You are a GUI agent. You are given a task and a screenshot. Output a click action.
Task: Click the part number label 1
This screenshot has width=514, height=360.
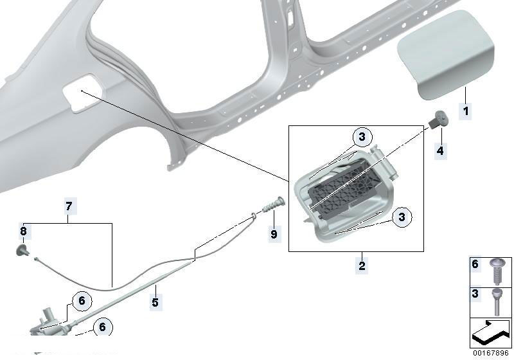[465, 111]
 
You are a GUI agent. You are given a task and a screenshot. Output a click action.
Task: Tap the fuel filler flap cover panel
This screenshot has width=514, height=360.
[446, 54]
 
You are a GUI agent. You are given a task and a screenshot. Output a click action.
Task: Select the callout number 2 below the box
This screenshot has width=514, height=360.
[362, 265]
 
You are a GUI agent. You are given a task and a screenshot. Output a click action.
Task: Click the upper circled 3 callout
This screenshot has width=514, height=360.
[362, 136]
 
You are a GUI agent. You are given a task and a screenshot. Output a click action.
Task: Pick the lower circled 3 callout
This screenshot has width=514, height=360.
[402, 217]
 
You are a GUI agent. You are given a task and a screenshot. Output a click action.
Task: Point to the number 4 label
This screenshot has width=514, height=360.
[440, 150]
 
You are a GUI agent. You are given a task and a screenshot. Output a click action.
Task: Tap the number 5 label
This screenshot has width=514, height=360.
[155, 302]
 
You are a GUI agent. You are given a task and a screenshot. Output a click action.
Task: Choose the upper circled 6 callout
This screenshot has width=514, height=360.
[82, 300]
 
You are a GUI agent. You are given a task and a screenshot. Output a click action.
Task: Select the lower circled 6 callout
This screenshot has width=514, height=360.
[103, 327]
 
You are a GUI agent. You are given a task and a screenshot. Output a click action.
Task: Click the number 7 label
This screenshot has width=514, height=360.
[69, 206]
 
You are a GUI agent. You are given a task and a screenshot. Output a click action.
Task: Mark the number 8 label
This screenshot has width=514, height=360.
[23, 231]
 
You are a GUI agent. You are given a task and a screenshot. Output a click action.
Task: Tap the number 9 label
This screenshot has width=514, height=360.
[274, 234]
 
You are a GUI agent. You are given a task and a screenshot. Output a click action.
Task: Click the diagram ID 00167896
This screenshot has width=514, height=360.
[491, 353]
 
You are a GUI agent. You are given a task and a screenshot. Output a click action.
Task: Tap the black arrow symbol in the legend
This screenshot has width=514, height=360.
[491, 333]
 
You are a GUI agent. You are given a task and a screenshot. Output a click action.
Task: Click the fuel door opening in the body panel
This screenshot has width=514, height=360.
[84, 93]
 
